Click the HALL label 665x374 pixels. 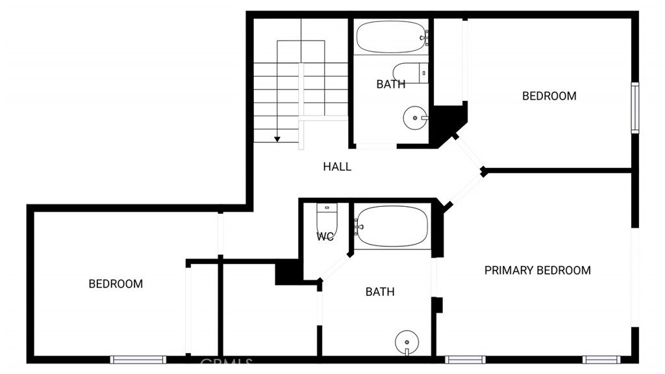point(337,167)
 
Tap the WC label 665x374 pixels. point(325,237)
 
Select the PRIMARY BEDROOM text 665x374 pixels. point(537,271)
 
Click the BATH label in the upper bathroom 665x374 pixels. point(390,84)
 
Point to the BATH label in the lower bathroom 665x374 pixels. point(380,291)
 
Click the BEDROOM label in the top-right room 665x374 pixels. point(549,96)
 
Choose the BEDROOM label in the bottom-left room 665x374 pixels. point(116,284)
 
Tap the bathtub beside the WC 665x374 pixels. point(392,226)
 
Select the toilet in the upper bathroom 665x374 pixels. point(410,73)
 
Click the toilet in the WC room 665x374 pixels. point(327,217)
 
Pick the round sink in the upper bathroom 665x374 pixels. point(415,118)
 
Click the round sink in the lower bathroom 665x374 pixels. point(407,342)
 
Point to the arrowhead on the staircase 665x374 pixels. point(277,139)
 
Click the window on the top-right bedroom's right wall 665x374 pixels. point(635,108)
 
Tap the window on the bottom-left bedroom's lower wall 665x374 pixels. point(138,360)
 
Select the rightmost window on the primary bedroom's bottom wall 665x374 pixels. point(601,360)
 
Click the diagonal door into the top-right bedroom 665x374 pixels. point(469,154)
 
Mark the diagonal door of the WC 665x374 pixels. point(335,267)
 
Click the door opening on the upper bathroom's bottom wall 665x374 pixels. point(376,146)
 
